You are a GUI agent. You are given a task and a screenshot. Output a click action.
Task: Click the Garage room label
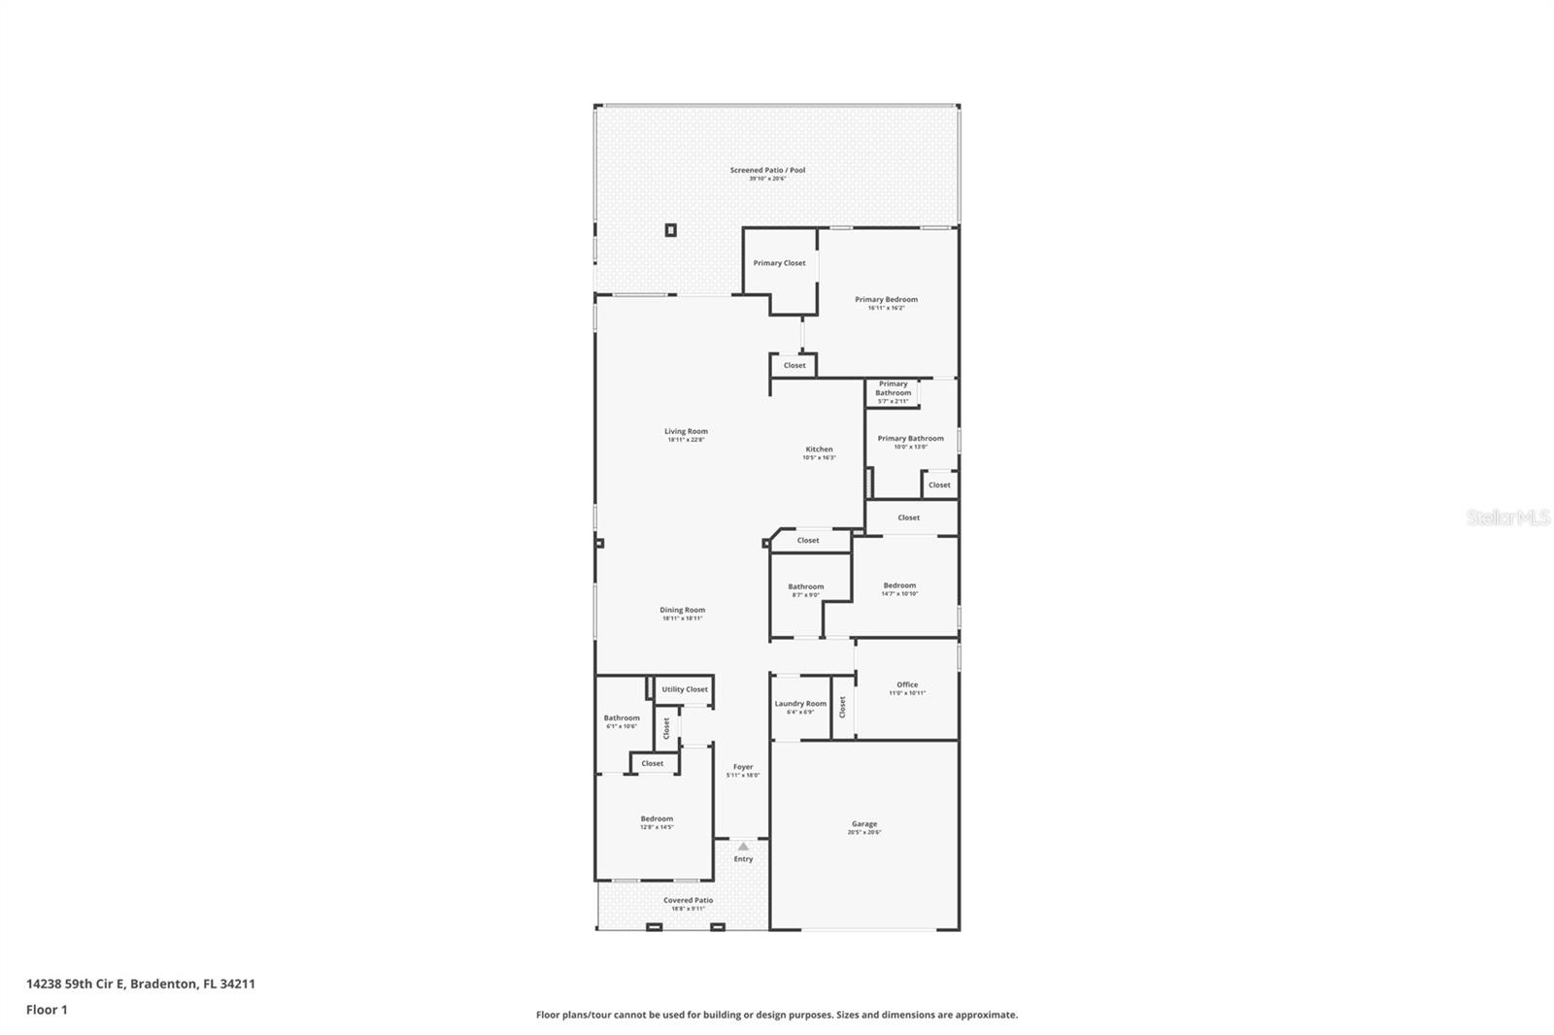(863, 824)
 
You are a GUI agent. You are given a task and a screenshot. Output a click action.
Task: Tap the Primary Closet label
(779, 263)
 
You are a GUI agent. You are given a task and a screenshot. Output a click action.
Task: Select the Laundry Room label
(800, 704)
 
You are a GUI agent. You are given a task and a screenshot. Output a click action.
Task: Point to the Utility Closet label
(685, 689)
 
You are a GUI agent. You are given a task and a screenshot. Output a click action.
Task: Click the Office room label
(907, 684)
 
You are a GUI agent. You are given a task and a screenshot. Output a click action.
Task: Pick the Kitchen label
(819, 450)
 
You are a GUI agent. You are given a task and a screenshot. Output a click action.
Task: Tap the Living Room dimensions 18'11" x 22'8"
(686, 440)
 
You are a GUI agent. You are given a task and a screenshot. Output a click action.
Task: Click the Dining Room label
(682, 611)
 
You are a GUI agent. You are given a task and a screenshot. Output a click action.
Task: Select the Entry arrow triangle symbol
(743, 847)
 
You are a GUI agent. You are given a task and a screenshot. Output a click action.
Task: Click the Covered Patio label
(688, 900)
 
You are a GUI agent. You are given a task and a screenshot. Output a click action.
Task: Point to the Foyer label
(743, 767)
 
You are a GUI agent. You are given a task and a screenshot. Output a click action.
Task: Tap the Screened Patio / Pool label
(767, 170)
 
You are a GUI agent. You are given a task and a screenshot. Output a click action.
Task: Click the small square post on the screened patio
(670, 230)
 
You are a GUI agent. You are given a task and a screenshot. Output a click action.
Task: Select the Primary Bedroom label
(886, 299)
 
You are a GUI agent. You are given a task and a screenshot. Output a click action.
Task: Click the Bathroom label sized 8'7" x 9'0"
(805, 586)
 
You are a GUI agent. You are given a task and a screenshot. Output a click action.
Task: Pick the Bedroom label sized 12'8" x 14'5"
(657, 818)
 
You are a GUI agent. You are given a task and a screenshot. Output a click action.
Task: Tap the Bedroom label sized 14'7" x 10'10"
(899, 585)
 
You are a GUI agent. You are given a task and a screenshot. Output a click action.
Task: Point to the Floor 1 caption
(47, 1010)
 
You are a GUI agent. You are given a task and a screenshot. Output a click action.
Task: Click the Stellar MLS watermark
(1507, 518)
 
